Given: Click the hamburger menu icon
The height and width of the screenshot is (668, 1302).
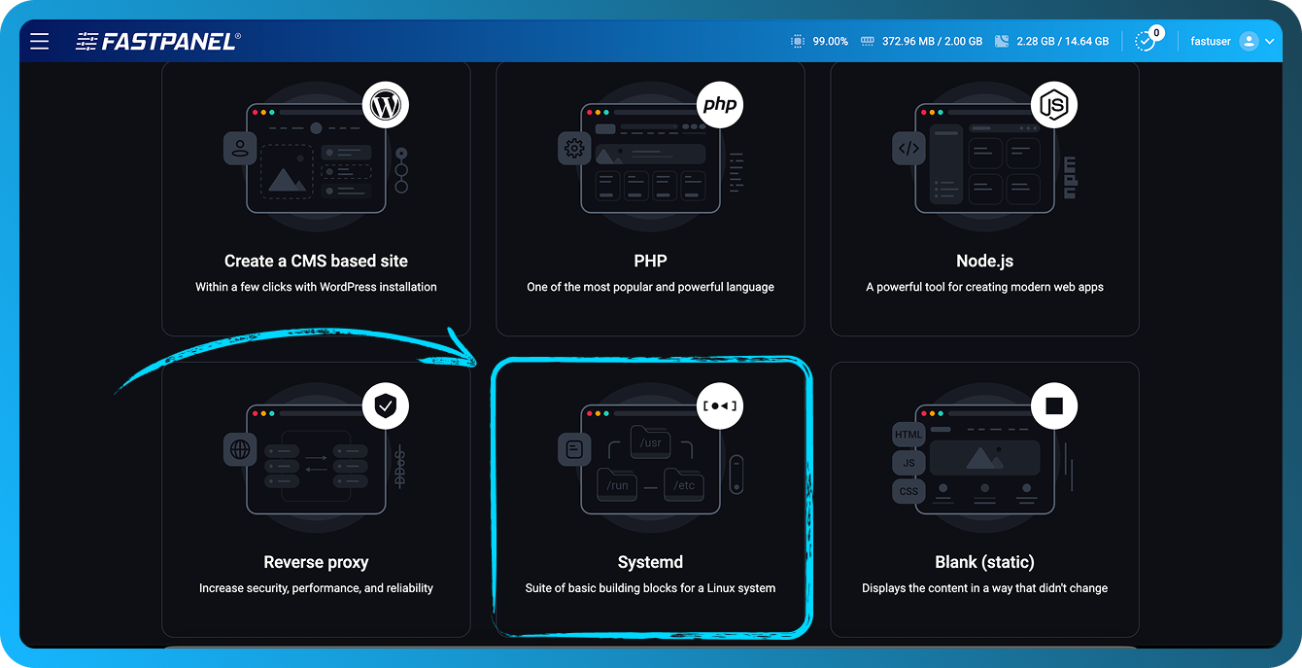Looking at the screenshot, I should coord(39,41).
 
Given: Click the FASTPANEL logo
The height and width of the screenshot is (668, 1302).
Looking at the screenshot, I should coord(158,41).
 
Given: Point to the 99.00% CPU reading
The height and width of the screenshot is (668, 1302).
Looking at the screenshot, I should coord(830,42).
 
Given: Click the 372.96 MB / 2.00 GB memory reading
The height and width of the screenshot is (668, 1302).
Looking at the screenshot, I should coord(932,42).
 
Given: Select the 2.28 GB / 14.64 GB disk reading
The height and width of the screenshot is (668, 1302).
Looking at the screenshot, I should coord(1062,42).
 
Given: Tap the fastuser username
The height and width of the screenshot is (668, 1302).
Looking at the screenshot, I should coord(1211,42).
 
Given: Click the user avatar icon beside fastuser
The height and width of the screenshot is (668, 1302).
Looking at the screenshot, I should coord(1249,42).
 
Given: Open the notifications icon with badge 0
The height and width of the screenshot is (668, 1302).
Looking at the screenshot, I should coord(1147,41).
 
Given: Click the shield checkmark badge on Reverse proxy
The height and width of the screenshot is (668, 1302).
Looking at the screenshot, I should coord(386,406).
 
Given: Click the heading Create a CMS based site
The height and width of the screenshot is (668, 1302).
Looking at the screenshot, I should coord(316,261).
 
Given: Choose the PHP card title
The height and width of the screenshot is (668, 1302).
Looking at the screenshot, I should coord(650,261).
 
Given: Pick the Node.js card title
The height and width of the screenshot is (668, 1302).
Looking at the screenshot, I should coord(984,261).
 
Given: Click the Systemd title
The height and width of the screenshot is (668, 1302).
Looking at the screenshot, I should coord(650,562).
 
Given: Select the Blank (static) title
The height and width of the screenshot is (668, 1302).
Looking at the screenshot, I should coord(984,562).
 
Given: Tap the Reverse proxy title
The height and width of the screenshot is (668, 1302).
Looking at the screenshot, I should coord(316,562).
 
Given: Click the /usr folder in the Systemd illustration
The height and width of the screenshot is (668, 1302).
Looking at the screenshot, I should coord(650,442).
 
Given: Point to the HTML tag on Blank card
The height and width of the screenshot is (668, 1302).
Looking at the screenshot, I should coord(908,435).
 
